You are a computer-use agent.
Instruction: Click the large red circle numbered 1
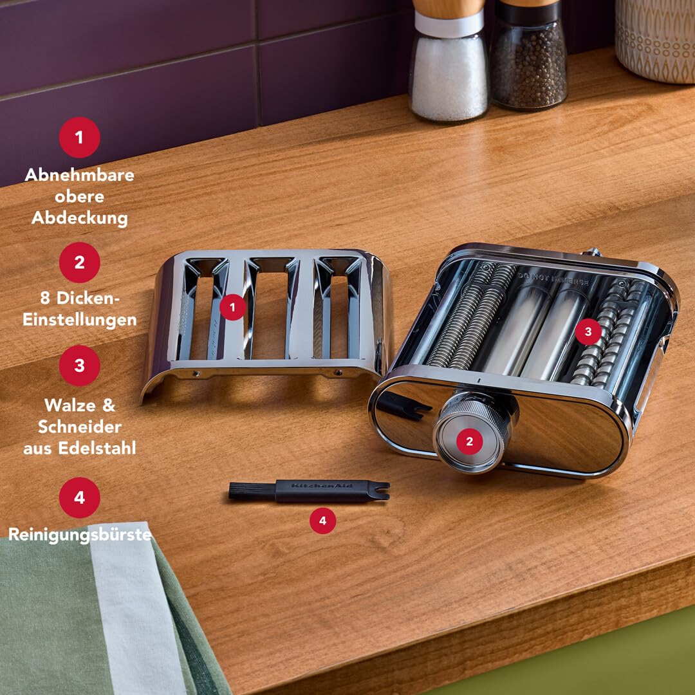tap(80, 138)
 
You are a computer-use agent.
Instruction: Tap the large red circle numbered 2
tap(80, 262)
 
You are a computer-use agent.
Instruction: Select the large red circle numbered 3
tap(80, 366)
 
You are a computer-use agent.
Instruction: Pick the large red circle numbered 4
tap(80, 497)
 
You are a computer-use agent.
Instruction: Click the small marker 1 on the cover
tap(232, 308)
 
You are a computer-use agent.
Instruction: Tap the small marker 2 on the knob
tap(470, 441)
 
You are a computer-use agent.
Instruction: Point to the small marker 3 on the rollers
tap(588, 331)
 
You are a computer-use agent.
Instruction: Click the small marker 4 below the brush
tap(323, 521)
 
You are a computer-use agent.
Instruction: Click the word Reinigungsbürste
tap(80, 534)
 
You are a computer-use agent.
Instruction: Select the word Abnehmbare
tap(80, 175)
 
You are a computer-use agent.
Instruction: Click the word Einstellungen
tap(80, 320)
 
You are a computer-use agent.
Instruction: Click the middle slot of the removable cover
tap(269, 309)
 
